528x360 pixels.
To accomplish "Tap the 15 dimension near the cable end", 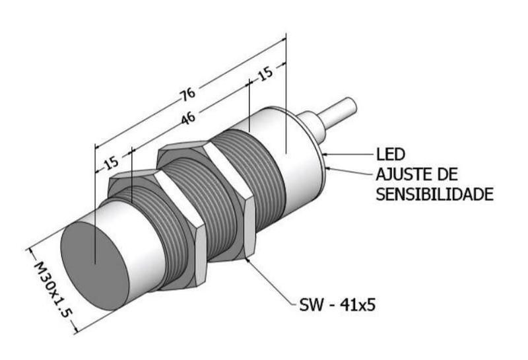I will click(x=265, y=74).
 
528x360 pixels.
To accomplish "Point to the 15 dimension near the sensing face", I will click(x=111, y=162).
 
